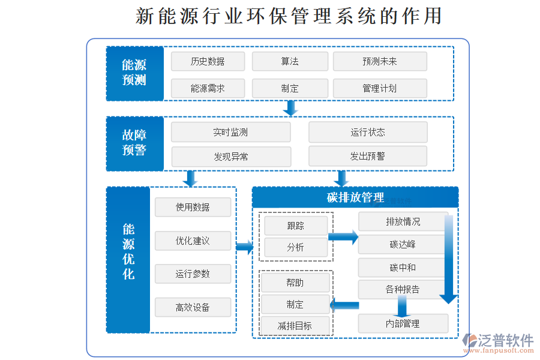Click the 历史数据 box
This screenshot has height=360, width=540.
tap(208, 61)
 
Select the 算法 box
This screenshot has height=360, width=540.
tap(290, 61)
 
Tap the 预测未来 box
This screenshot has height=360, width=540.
tap(380, 61)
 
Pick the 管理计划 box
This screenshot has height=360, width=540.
tap(380, 88)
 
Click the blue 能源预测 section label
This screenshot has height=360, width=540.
tap(134, 73)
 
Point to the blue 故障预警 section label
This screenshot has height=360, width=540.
tap(134, 143)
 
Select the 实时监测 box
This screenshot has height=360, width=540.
tap(230, 132)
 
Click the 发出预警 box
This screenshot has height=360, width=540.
tap(368, 157)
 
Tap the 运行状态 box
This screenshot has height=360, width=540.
tap(368, 132)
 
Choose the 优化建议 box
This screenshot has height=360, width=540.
tap(193, 241)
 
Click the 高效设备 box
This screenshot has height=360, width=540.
tap(193, 307)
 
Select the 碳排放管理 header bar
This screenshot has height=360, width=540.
tap(355, 197)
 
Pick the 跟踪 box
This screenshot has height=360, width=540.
tap(296, 226)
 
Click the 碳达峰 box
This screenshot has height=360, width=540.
tap(403, 244)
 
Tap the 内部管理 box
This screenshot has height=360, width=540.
tap(403, 323)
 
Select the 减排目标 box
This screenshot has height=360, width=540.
tap(295, 326)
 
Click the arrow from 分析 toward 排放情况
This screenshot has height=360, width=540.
tap(343, 237)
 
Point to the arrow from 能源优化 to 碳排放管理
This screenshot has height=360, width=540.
tap(244, 247)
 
